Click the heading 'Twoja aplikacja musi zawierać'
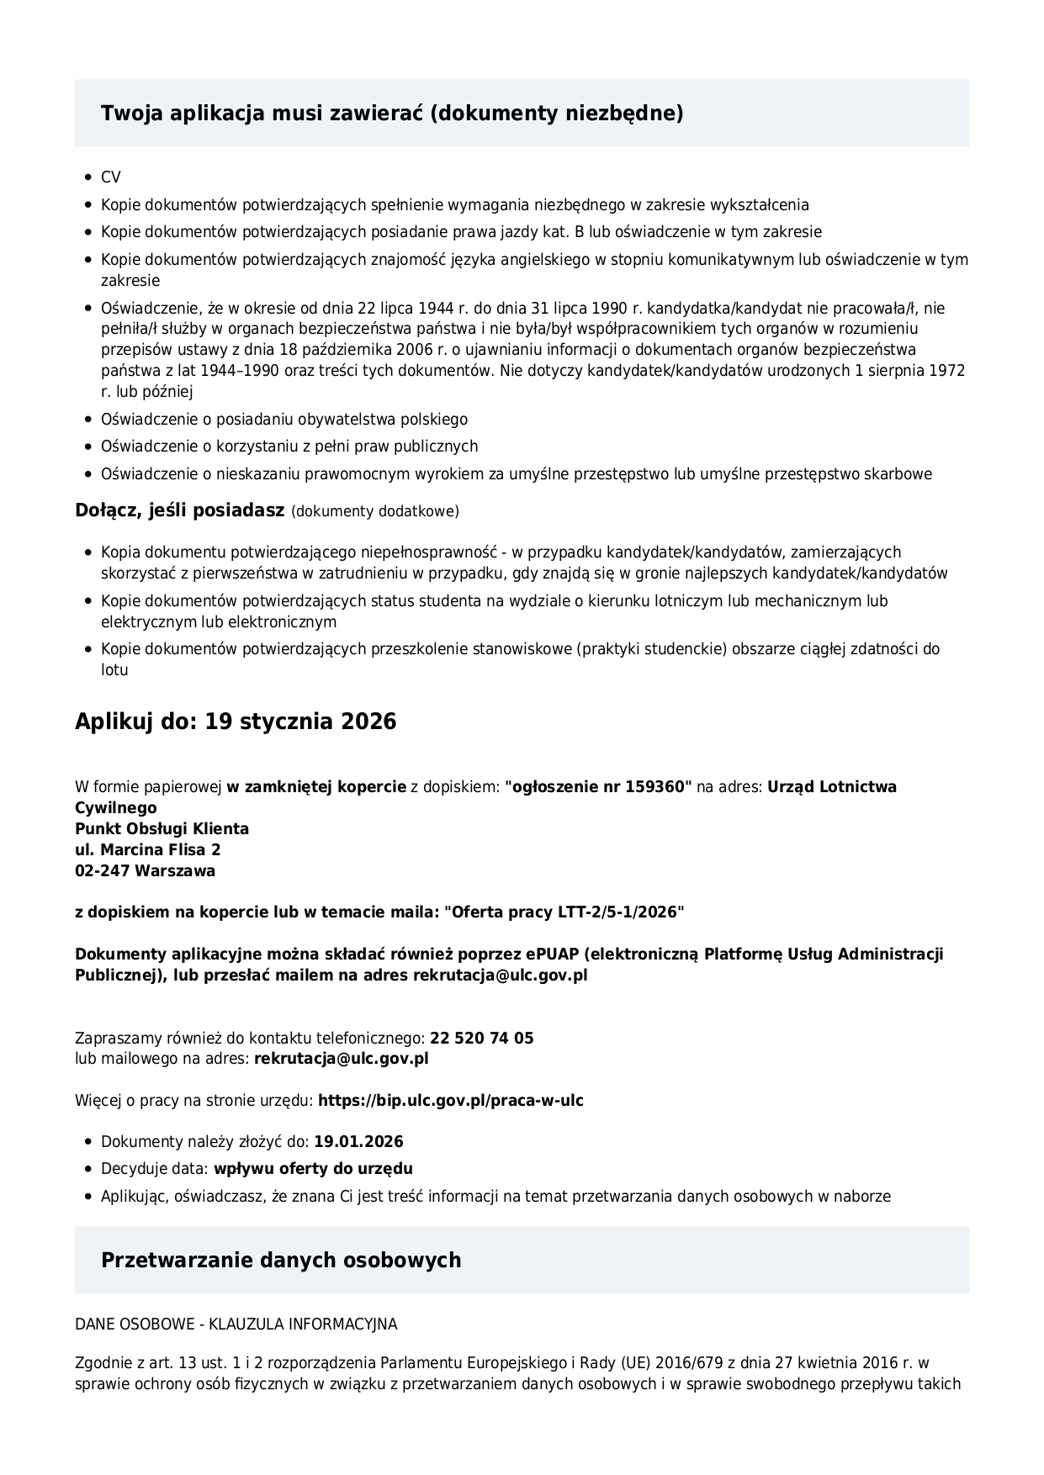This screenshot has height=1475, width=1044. [391, 114]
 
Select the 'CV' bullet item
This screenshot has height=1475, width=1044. [110, 177]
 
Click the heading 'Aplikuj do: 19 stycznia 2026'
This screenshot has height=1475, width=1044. [236, 722]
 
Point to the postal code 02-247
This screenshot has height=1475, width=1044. [102, 871]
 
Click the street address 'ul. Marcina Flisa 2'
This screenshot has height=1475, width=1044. [148, 850]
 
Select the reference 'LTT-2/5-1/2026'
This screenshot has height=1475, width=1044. [617, 912]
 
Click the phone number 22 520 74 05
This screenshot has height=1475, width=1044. [481, 1039]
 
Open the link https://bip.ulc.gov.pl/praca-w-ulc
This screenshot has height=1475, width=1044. [450, 1101]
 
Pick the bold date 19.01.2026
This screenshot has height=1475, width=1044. [358, 1142]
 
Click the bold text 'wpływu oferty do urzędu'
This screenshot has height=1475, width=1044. [313, 1169]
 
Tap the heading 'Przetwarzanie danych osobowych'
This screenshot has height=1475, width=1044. [281, 1260]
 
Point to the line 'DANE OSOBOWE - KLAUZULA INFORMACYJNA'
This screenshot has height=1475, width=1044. [236, 1324]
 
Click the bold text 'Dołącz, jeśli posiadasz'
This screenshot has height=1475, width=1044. [180, 510]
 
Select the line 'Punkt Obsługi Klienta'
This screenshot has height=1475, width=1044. [162, 829]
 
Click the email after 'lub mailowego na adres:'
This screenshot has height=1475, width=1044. [341, 1059]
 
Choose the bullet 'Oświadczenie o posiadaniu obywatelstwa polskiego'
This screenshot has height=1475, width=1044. [284, 420]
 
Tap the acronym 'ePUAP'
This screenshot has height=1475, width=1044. [552, 954]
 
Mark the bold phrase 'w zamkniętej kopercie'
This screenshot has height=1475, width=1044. [316, 787]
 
